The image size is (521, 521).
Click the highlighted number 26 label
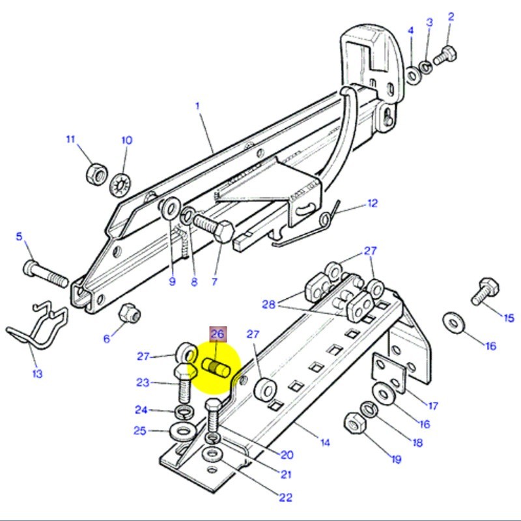(217, 334)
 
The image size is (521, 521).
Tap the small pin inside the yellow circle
(215, 367)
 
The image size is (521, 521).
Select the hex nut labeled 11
(96, 174)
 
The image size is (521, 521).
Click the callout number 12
(372, 204)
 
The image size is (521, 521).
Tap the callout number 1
(196, 105)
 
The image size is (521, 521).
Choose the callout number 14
(324, 443)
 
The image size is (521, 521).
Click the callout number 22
(285, 498)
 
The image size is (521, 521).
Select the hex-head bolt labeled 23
(183, 384)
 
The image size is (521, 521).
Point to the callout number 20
(287, 455)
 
